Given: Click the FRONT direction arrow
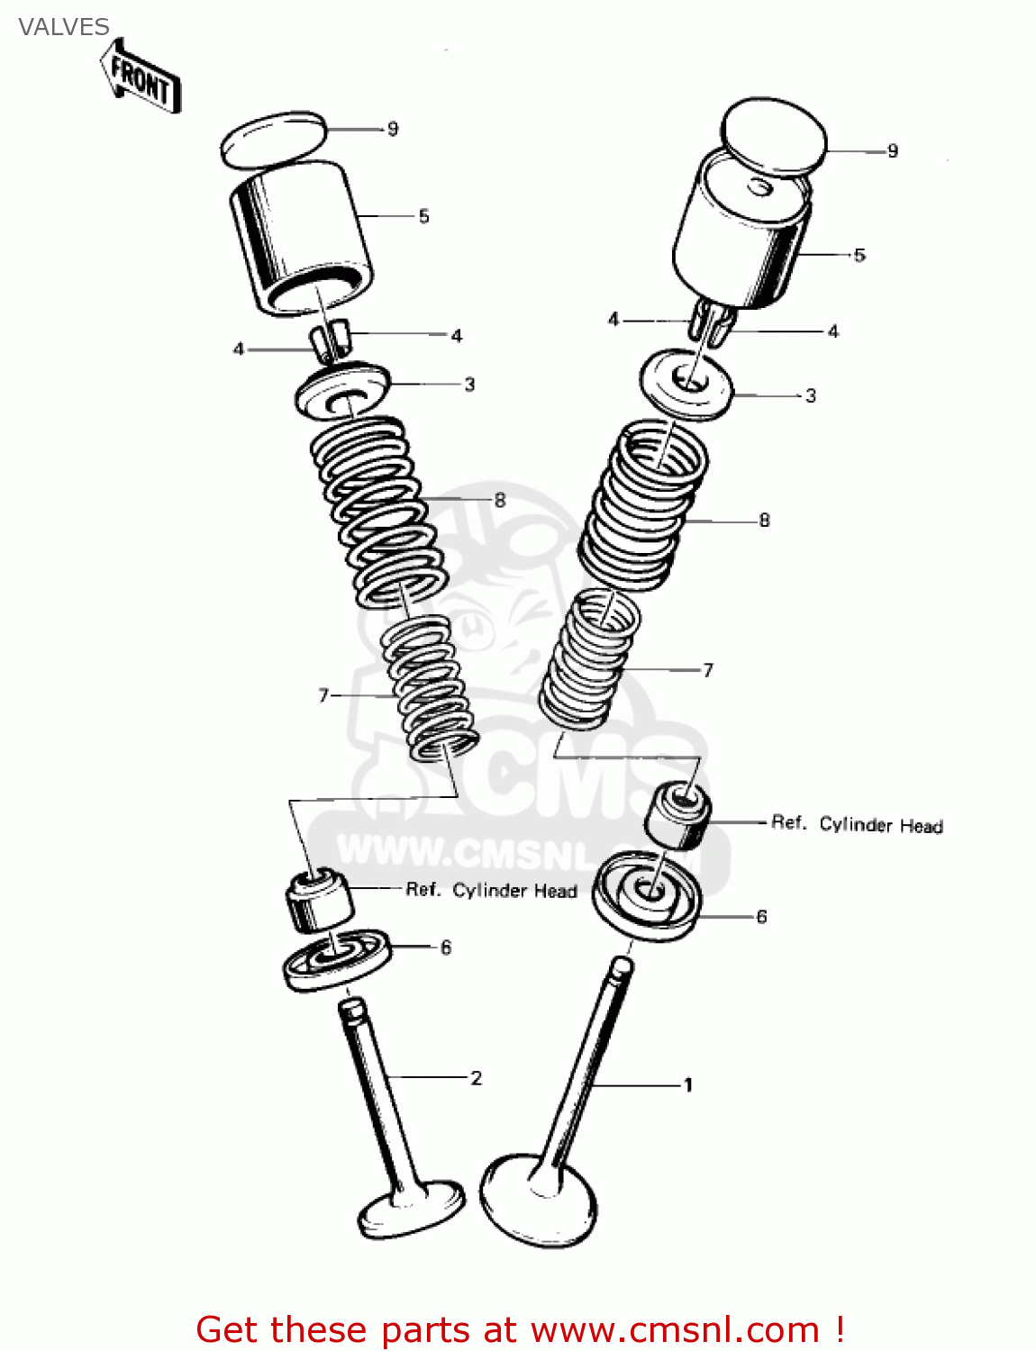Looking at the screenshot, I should (141, 77).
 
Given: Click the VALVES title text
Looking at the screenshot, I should (63, 27).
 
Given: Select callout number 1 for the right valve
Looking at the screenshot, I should (687, 1084).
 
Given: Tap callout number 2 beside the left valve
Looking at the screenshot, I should (476, 1077).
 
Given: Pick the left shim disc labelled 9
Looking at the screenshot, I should (271, 140).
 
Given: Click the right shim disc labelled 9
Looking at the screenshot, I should (775, 136).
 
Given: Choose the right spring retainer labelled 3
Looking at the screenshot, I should (686, 385).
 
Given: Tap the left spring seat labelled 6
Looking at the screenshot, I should (336, 960).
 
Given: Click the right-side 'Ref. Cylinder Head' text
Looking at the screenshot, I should (856, 824).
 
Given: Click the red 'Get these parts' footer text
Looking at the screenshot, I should (520, 1329).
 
